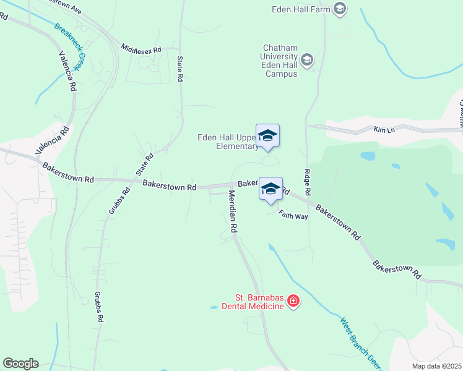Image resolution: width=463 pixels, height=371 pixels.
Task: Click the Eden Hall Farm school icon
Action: click(339, 9)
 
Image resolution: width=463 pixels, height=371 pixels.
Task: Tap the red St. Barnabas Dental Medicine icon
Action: click(293, 302)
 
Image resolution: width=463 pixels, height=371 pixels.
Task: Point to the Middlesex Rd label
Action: click(141, 48)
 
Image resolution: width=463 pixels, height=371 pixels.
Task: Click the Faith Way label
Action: click(293, 215)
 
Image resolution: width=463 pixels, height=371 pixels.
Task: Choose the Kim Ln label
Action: click(384, 130)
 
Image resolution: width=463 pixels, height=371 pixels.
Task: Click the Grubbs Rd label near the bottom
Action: click(99, 307)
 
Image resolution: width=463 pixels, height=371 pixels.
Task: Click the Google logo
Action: click(20, 364)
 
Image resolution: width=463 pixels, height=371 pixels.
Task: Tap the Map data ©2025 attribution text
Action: click(436, 366)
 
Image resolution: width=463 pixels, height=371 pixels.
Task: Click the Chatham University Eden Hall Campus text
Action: click(281, 61)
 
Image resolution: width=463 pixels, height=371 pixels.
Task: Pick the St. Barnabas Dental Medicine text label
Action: click(259, 302)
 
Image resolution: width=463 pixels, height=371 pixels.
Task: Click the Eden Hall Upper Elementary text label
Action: click(227, 142)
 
